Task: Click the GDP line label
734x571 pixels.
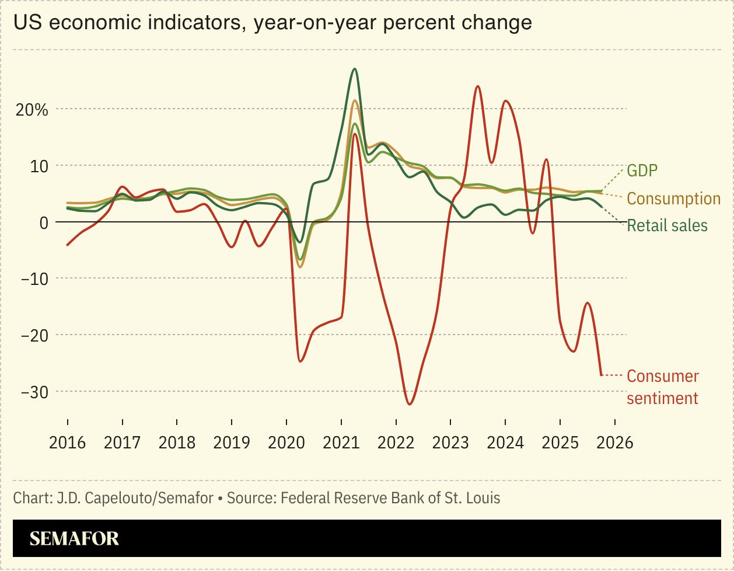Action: pyautogui.click(x=642, y=170)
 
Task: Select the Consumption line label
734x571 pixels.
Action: pyautogui.click(x=673, y=199)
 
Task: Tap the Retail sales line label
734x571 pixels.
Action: pyautogui.click(x=667, y=225)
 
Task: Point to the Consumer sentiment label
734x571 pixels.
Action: pyautogui.click(x=662, y=387)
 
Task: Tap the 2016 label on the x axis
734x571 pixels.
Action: pyautogui.click(x=67, y=442)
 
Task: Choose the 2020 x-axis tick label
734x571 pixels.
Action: pyautogui.click(x=286, y=442)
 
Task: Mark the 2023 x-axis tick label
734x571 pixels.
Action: pyautogui.click(x=450, y=442)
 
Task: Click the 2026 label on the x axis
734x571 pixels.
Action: pyautogui.click(x=614, y=442)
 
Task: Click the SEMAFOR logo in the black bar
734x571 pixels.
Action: pyautogui.click(x=74, y=538)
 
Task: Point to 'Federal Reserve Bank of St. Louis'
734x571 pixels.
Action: pyautogui.click(x=390, y=498)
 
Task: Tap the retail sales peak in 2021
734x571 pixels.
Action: pyautogui.click(x=354, y=69)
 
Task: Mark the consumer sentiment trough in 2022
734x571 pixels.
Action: pyautogui.click(x=410, y=404)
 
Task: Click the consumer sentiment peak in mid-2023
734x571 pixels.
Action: pyautogui.click(x=477, y=86)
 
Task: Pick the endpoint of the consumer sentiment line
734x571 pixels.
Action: pyautogui.click(x=602, y=375)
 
